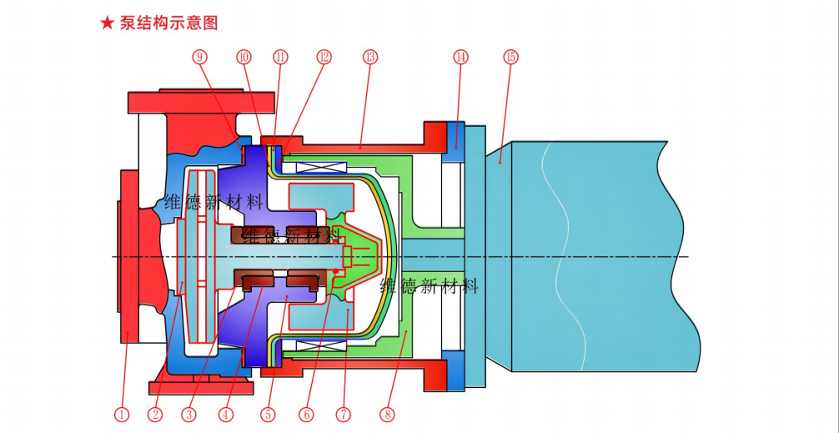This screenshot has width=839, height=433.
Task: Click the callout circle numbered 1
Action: click(122, 414)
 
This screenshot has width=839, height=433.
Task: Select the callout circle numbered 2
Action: click(154, 414)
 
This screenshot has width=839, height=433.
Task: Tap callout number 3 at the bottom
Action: click(189, 414)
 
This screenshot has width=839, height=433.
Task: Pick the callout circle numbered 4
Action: click(225, 414)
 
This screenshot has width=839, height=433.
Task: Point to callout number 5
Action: click(267, 414)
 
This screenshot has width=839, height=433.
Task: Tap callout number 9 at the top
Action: click(199, 57)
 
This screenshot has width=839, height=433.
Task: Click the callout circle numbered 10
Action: click(244, 57)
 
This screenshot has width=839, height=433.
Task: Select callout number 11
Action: click(280, 57)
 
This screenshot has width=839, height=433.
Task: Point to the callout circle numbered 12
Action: click(324, 57)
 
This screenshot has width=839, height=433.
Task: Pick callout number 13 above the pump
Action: click(370, 57)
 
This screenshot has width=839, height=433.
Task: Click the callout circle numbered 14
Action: click(460, 57)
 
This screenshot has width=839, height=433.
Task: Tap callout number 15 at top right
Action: click(510, 57)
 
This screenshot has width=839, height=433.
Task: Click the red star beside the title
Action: click(107, 23)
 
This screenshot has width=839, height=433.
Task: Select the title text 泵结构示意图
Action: click(168, 23)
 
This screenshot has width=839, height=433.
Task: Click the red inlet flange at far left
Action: click(128, 255)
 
